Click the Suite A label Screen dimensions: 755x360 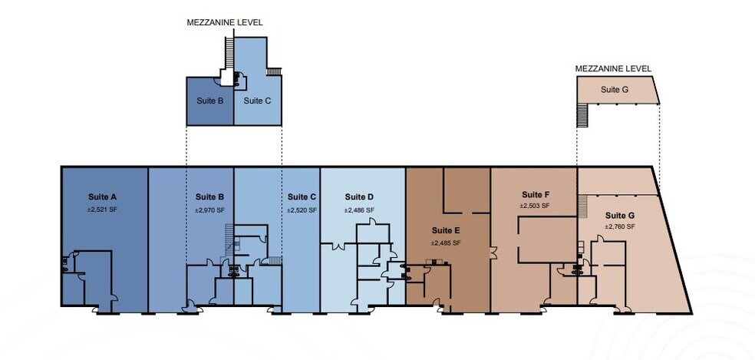103,197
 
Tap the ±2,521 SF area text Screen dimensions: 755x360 103,210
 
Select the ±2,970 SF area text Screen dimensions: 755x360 209,210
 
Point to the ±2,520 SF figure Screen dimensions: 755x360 302,210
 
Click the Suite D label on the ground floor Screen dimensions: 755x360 359,197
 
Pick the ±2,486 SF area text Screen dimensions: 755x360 359,210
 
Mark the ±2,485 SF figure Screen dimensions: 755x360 446,243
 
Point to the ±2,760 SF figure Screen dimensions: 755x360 620,226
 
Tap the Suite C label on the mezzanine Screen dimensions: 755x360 257,101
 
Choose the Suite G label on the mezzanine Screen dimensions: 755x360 615,90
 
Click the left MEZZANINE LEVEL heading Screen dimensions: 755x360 225,22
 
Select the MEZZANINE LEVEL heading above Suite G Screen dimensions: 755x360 614,68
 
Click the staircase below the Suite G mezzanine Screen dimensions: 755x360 582,115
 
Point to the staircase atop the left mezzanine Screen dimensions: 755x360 229,50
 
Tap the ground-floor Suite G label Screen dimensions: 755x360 620,215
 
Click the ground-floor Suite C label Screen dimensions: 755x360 302,197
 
